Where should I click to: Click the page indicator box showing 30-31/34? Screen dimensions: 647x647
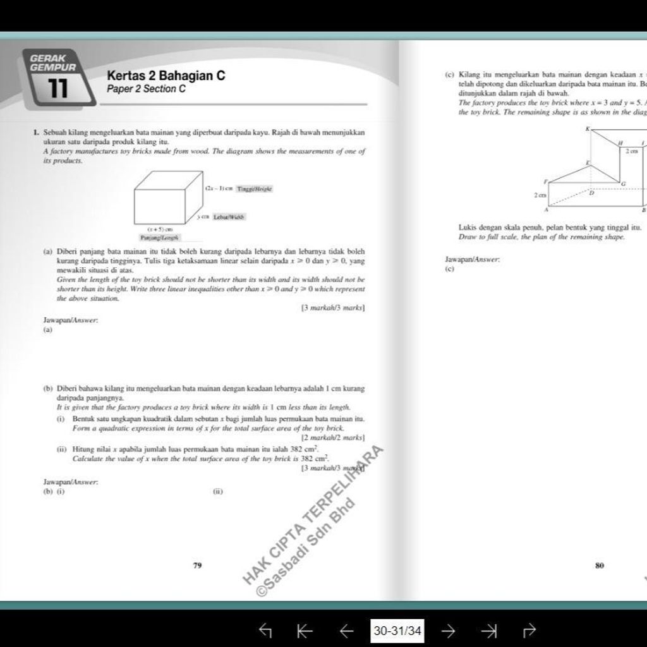point(398,630)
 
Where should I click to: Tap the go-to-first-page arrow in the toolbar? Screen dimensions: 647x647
point(305,630)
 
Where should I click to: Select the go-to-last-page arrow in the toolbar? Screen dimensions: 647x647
point(488,630)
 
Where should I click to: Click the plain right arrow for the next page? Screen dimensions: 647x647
point(448,630)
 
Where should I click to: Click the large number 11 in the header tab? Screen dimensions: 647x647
point(58,88)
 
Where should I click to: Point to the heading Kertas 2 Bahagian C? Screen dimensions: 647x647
point(166,76)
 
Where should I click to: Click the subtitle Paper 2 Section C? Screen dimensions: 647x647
point(146,89)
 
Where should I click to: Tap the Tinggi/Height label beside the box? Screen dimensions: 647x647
point(255,189)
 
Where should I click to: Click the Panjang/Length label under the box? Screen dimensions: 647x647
point(160,238)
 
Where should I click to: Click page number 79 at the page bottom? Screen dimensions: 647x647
point(197,565)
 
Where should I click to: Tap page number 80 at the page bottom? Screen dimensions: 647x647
point(600,565)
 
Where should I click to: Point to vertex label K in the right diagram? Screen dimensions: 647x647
point(588,129)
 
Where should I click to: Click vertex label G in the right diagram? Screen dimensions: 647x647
point(623,183)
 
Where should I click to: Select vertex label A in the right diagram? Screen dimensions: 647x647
point(546,209)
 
